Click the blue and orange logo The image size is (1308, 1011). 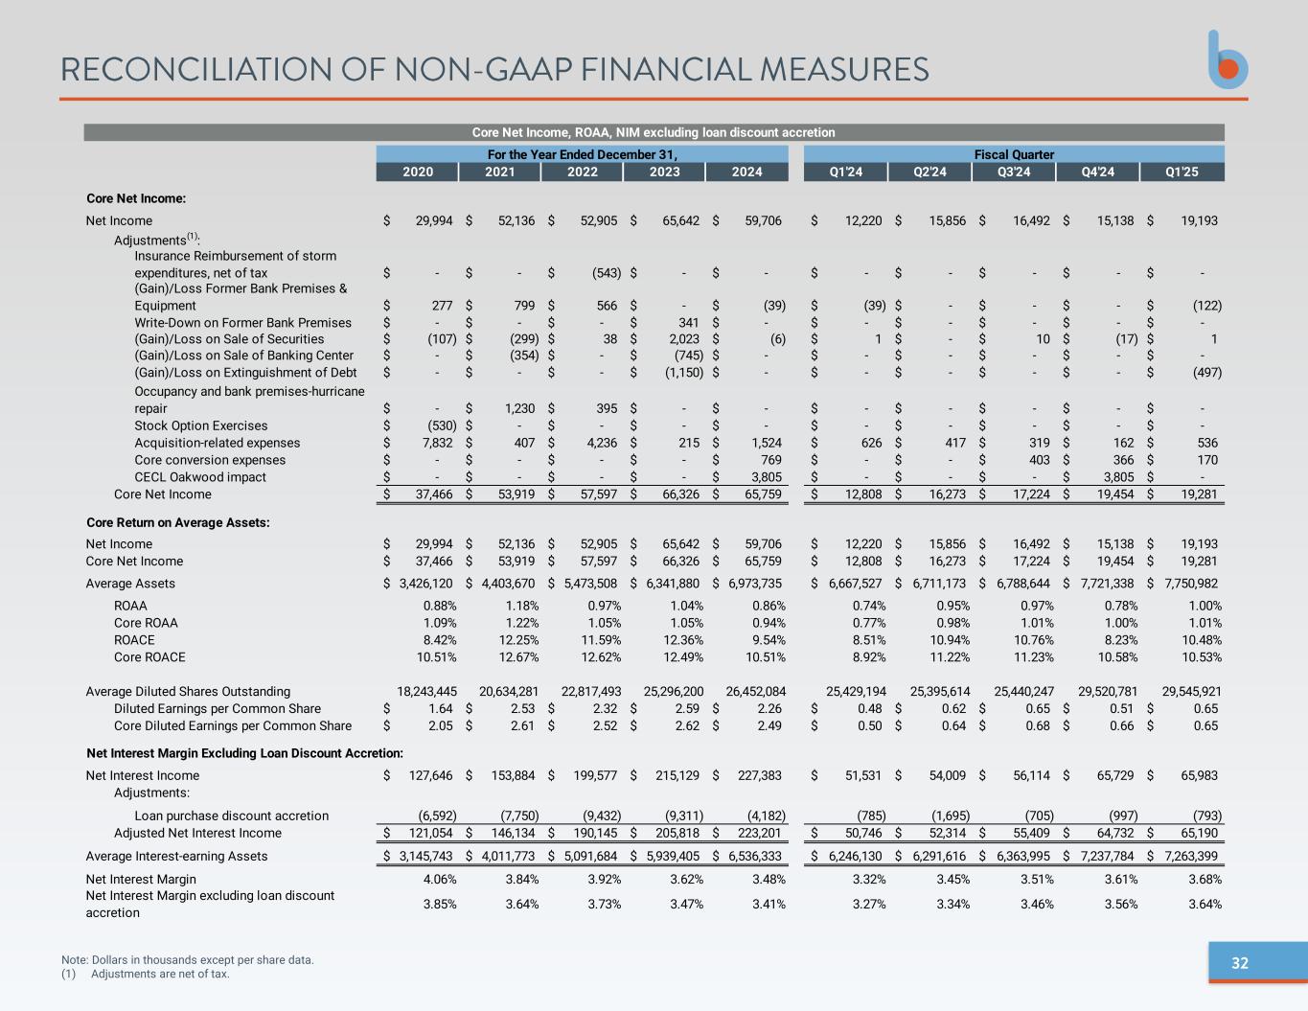coord(1228,60)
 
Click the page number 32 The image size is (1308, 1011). coord(1239,963)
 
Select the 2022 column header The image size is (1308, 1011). coord(582,172)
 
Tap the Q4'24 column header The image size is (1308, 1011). coord(1097,172)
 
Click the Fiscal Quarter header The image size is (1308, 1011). coord(1014,154)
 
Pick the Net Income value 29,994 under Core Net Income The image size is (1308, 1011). coord(434,220)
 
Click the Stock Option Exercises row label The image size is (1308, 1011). coord(200,425)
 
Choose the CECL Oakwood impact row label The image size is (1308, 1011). coord(200,477)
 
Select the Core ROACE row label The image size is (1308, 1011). coord(149,657)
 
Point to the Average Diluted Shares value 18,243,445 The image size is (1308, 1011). coord(426,691)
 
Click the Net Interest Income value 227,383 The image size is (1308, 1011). coord(759,775)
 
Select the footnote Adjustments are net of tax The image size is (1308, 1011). coord(160,974)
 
